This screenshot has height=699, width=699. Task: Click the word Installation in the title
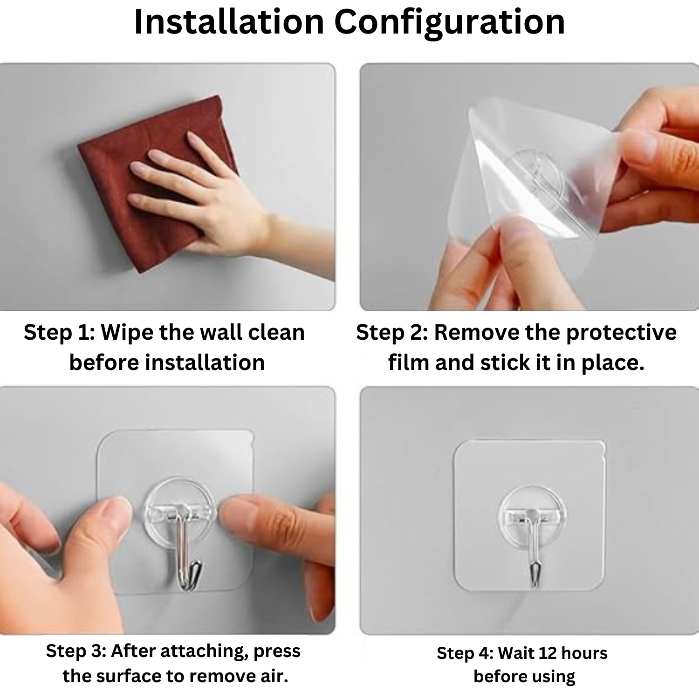(229, 22)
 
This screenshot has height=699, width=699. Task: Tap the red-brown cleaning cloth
(154, 182)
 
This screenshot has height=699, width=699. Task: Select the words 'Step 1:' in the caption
(60, 333)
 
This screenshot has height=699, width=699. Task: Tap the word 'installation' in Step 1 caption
(205, 363)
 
